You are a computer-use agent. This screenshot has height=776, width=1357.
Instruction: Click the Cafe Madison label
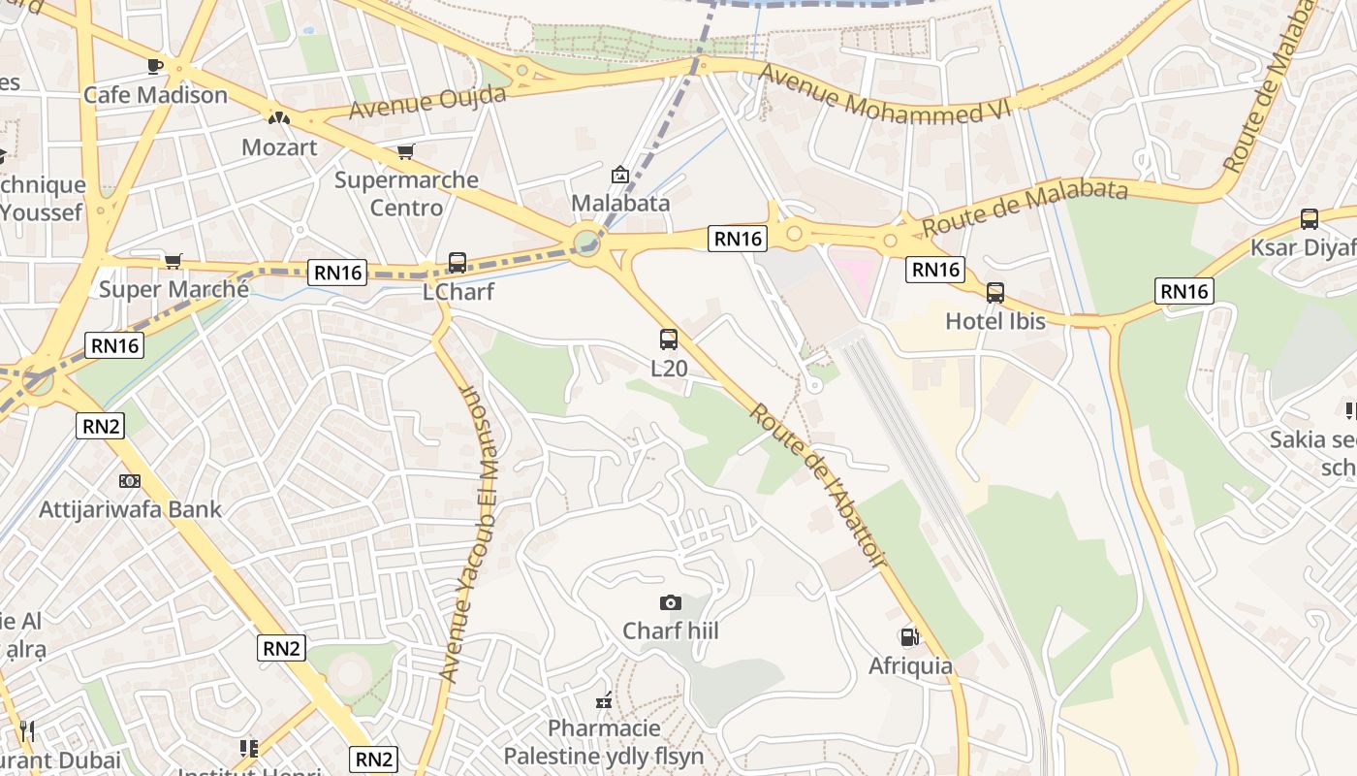click(x=155, y=95)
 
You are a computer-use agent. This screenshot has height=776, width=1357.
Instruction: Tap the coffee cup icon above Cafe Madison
click(x=155, y=66)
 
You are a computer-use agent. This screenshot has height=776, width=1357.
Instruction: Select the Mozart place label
click(x=279, y=147)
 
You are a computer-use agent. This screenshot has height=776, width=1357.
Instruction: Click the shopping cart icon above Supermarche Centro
click(x=406, y=152)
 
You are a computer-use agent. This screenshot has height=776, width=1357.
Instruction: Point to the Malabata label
click(x=620, y=203)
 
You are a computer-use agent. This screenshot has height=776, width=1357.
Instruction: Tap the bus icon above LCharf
click(x=458, y=262)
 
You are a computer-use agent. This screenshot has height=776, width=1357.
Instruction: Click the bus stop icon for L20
click(x=669, y=339)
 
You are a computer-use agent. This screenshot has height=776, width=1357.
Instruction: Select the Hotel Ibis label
click(x=995, y=321)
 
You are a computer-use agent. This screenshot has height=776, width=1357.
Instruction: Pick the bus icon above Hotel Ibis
click(x=995, y=292)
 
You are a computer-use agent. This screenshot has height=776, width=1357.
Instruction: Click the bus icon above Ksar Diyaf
click(x=1310, y=219)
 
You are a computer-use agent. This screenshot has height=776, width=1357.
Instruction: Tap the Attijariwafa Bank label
click(x=130, y=509)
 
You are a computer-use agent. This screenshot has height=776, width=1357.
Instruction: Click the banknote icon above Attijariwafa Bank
click(x=130, y=481)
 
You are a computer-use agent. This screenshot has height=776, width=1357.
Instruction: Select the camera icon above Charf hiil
click(x=670, y=603)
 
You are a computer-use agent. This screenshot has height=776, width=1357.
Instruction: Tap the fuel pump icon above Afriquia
click(x=910, y=637)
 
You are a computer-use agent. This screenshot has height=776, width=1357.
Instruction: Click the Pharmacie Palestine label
click(x=604, y=742)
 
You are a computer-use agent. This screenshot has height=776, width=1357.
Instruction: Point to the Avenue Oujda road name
click(x=427, y=102)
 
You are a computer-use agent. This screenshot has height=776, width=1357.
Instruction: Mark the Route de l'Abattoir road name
click(x=818, y=485)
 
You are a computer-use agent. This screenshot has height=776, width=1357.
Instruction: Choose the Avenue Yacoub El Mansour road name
click(x=469, y=533)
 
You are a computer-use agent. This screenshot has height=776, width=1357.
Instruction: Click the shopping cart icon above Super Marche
click(x=174, y=261)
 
